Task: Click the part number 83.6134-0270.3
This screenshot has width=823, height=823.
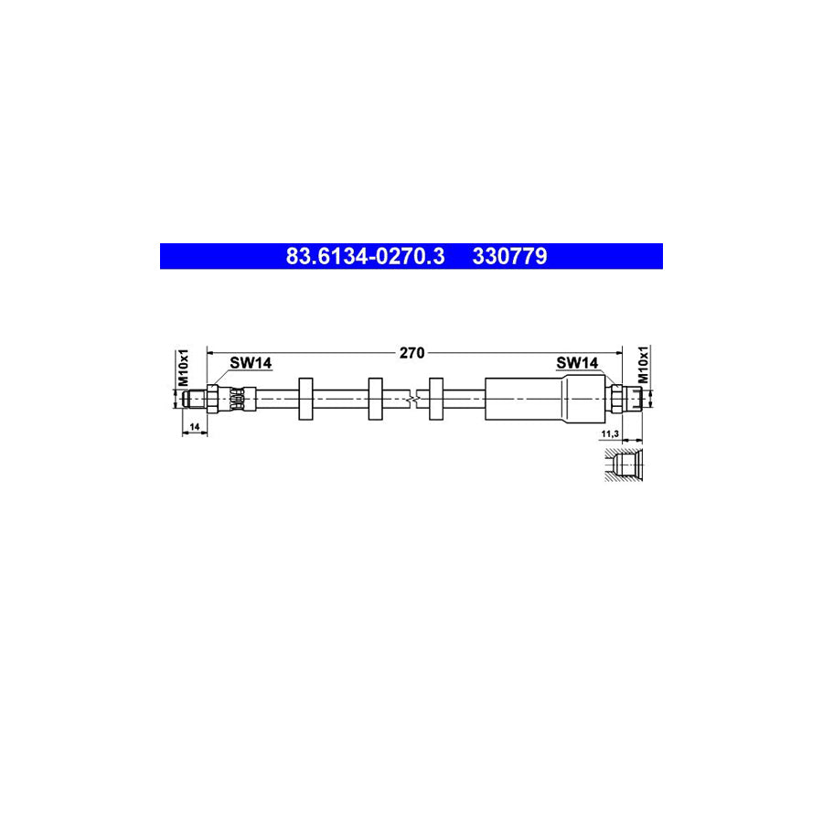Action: tap(365, 256)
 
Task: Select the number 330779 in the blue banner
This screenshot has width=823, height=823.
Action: tap(509, 256)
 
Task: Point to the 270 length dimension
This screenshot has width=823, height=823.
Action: tap(411, 353)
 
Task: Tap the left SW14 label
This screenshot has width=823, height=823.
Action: tap(251, 363)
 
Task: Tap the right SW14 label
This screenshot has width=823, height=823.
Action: tap(577, 363)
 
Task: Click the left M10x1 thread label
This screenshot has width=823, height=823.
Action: tap(183, 368)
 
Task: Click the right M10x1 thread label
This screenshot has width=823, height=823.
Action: tap(643, 365)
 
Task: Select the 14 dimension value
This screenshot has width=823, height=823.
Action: tap(195, 427)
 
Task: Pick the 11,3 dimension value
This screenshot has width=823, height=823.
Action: tap(610, 433)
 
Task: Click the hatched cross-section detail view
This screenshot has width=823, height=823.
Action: tap(624, 465)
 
